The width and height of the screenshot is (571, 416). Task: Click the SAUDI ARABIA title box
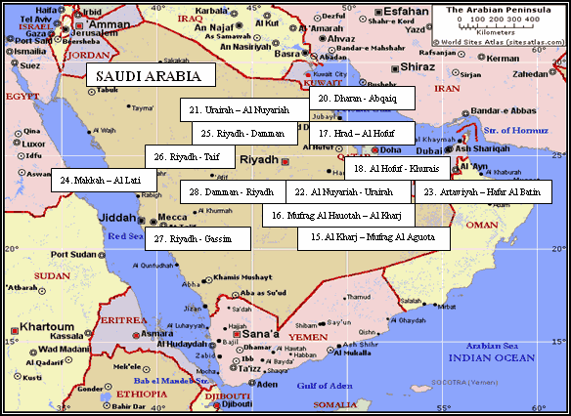point(150,75)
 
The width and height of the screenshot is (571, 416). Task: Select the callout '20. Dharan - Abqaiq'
point(362,98)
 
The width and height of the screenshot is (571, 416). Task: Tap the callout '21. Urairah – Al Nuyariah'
point(240,110)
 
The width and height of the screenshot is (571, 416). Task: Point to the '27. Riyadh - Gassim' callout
point(191,238)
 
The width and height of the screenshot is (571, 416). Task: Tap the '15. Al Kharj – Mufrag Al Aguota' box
point(373,237)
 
